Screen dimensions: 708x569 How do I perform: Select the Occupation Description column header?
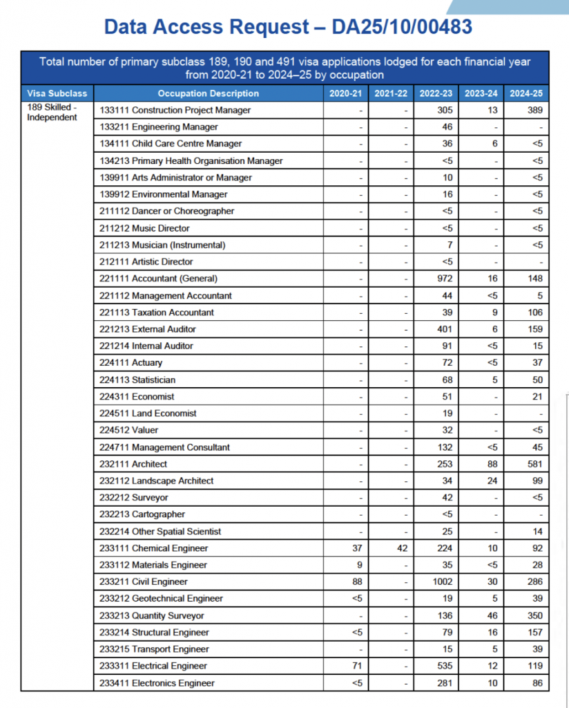tap(208, 93)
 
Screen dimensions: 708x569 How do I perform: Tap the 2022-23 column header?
tap(437, 93)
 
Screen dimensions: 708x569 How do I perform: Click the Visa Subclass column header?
tap(57, 93)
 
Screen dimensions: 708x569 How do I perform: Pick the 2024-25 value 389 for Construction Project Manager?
tap(534, 110)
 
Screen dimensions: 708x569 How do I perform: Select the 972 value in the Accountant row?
tap(445, 279)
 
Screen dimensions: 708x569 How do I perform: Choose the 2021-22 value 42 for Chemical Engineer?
tap(402, 548)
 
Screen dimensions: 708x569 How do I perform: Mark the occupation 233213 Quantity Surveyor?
tap(152, 615)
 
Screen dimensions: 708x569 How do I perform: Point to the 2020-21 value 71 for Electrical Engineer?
tap(356, 666)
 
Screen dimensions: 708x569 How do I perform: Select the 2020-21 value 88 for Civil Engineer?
tap(356, 582)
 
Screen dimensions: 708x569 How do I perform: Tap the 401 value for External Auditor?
tap(445, 329)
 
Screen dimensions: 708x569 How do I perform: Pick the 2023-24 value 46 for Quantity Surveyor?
tap(492, 615)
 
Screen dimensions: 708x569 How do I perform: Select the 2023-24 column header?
tap(482, 93)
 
